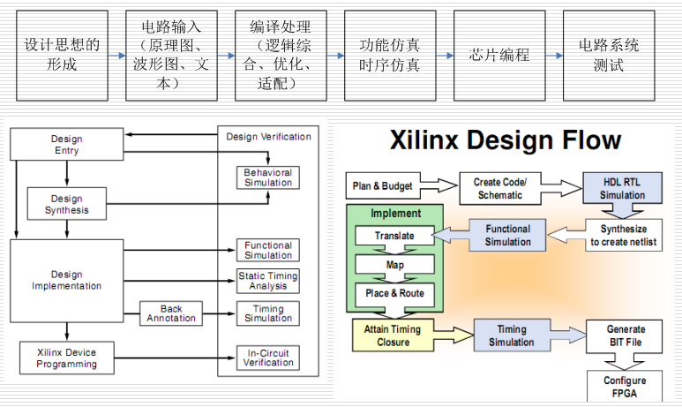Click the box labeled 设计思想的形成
click(x=62, y=55)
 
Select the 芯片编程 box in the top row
click(x=499, y=55)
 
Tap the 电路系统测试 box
click(x=609, y=55)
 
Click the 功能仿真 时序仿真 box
click(x=390, y=55)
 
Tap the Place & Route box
click(x=394, y=292)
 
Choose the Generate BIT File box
click(x=626, y=335)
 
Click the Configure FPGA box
click(x=626, y=387)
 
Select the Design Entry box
click(x=66, y=145)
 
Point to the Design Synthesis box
click(x=66, y=205)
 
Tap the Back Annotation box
click(x=171, y=313)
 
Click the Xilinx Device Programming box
click(x=66, y=357)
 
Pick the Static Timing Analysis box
click(x=268, y=281)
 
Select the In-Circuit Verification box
click(x=268, y=357)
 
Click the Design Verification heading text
click(x=268, y=137)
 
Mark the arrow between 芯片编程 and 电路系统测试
click(x=554, y=55)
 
